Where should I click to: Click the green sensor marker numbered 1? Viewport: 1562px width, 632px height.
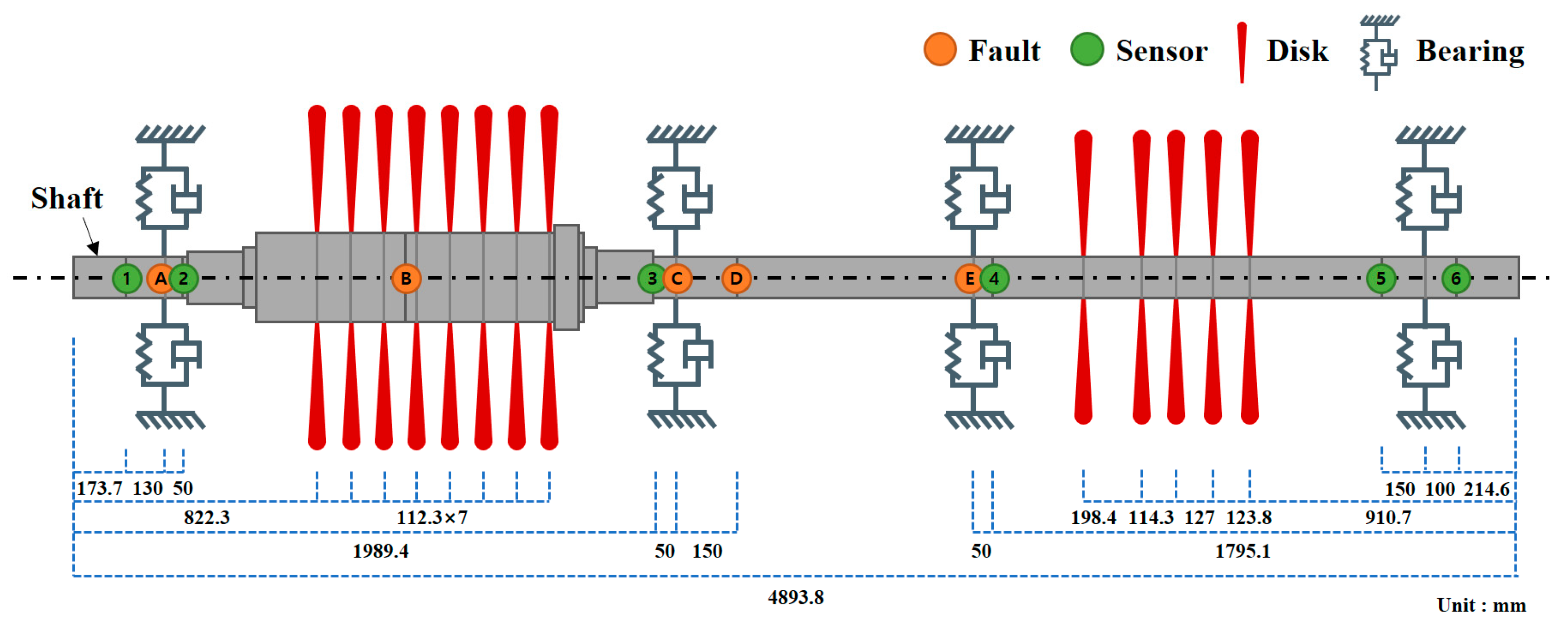point(127,279)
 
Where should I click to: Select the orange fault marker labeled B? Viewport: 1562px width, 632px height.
point(406,279)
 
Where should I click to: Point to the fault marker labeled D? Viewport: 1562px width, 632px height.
point(736,279)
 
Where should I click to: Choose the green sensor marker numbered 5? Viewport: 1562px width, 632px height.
point(1381,279)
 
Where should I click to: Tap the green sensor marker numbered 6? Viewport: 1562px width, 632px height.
point(1456,279)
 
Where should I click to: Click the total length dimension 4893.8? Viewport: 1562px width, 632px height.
point(795,598)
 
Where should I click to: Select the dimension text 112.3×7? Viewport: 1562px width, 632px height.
point(432,517)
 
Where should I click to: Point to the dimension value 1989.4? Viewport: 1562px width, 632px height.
point(380,551)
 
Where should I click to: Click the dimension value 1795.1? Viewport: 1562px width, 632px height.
point(1242,551)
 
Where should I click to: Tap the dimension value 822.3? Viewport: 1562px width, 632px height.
point(206,517)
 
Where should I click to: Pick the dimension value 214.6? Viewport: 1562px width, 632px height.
point(1486,489)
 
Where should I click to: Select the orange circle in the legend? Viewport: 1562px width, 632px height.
point(940,50)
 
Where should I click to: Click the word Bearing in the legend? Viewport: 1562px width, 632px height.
point(1470,51)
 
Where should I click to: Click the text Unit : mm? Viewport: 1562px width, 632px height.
point(1481,605)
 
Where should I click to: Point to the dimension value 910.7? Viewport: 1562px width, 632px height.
point(1388,517)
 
